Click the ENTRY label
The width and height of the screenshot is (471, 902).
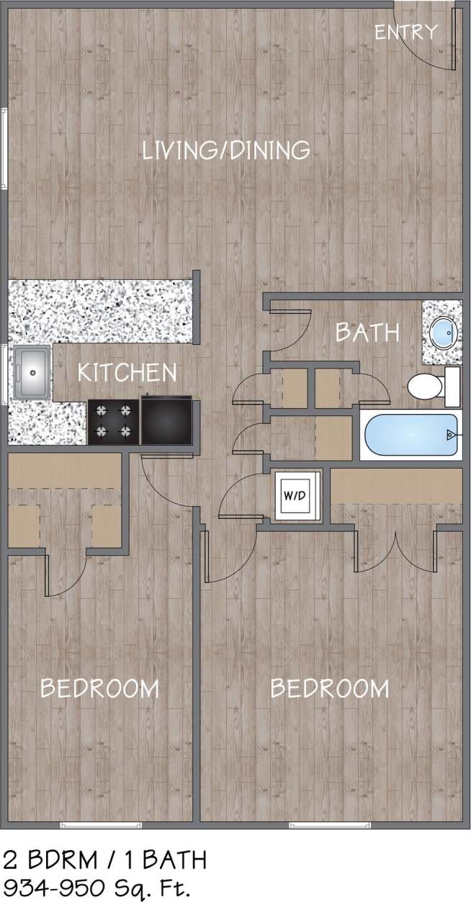coord(406,32)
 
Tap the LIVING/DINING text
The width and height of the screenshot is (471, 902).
coord(226,150)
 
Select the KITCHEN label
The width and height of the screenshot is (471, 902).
coord(127,372)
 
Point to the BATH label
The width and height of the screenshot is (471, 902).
coord(367,332)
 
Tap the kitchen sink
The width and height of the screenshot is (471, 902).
coord(31,373)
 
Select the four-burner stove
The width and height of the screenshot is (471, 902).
coord(114,421)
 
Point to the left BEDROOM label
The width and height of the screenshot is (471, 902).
coord(99,688)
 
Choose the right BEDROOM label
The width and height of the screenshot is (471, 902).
coord(329,688)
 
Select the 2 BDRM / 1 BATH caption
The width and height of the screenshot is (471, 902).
coord(105,860)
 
